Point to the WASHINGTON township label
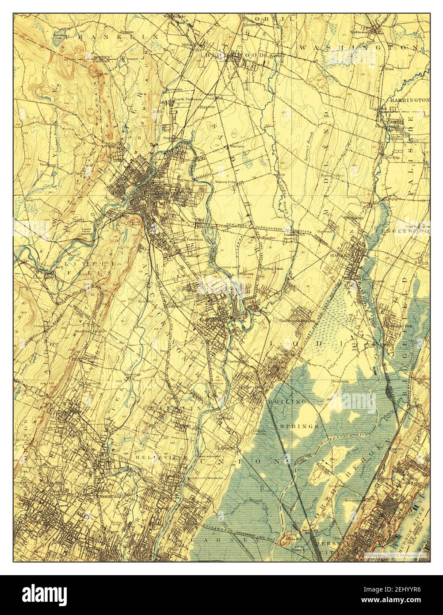point(358,46)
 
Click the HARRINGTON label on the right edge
point(409,100)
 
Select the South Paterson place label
point(189,239)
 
